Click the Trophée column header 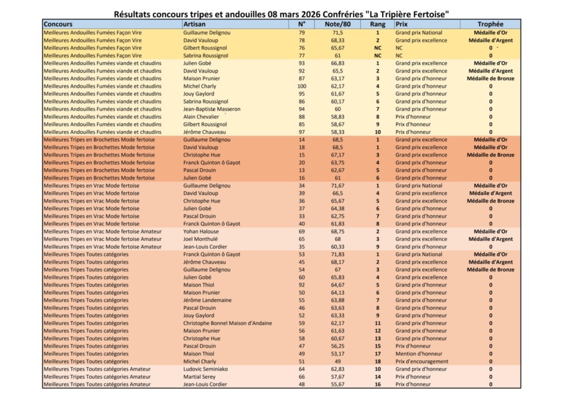click(490, 24)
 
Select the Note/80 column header click(338, 24)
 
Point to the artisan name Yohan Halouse click(202, 231)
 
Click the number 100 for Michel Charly click(301, 86)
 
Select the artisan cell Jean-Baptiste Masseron click(211, 109)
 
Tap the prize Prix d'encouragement click(421, 362)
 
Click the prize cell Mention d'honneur click(418, 354)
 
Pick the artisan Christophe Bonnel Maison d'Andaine click(227, 323)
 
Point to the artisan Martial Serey click(199, 376)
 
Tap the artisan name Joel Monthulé click(200, 239)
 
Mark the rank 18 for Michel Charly click(378, 362)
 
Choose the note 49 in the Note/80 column click(338, 362)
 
